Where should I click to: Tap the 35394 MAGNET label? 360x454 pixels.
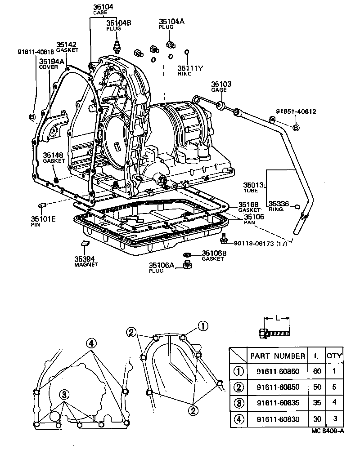pos(85,262)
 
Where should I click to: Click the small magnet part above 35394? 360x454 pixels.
pos(85,243)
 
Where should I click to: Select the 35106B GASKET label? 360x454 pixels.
pos(214,255)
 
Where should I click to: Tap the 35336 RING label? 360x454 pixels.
pos(279,206)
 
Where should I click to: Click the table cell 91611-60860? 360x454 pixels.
pos(278,372)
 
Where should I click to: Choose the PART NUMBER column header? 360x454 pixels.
pos(278,356)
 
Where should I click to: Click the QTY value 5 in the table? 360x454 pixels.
pos(334,387)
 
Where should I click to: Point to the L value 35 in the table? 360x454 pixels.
pos(316,403)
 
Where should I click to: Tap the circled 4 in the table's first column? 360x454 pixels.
pos(238,419)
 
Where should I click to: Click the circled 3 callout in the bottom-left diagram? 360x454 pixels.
pos(64,394)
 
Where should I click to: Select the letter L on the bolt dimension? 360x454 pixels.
pos(278,318)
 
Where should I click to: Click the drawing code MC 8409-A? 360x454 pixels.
pos(327,431)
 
